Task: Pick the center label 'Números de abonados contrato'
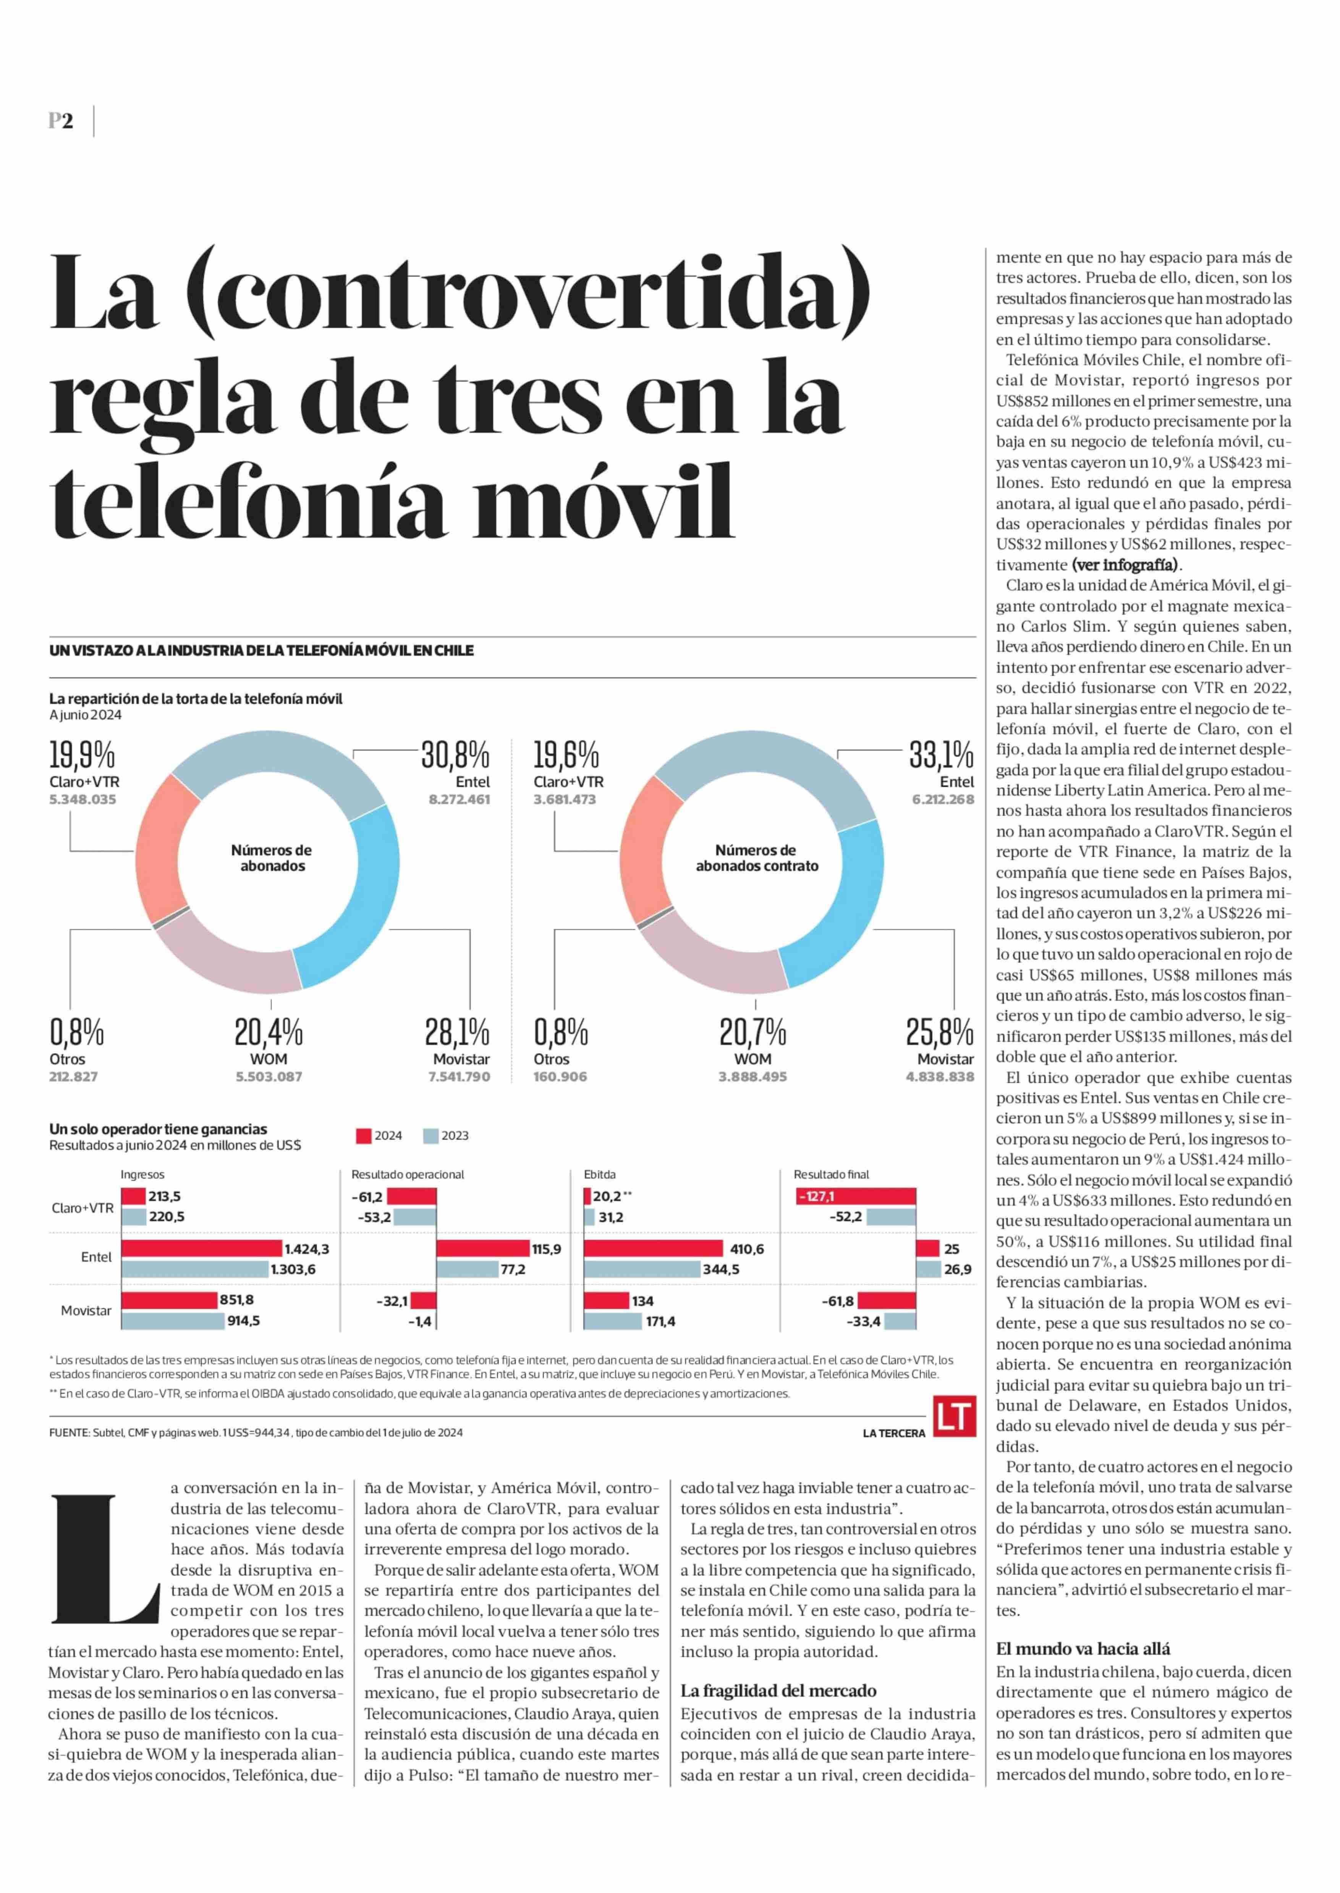tap(757, 858)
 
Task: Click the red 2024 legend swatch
tap(363, 1136)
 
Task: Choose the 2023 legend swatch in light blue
tap(430, 1136)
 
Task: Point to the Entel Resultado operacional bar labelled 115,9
tap(483, 1249)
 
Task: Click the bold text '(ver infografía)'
tap(1125, 565)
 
